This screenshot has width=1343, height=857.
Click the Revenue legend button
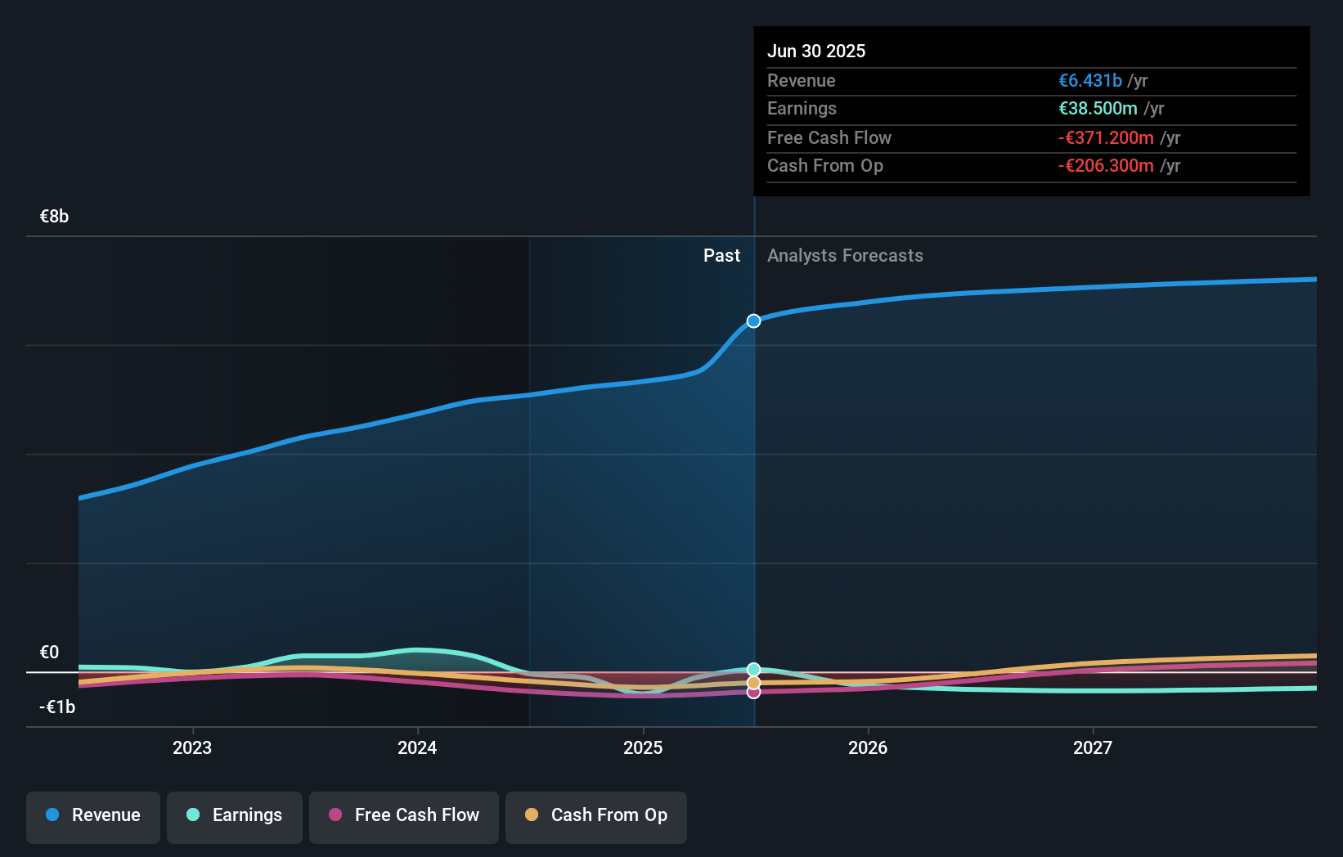pos(93,816)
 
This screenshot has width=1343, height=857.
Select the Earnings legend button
pos(235,816)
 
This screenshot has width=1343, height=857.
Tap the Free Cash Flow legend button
pos(404,816)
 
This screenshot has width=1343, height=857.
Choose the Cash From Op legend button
pos(596,816)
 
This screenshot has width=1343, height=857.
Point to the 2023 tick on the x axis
pos(192,747)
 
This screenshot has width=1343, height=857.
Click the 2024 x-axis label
pos(417,747)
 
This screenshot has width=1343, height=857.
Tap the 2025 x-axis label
pos(643,747)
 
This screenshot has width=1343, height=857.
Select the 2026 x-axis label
pos(868,747)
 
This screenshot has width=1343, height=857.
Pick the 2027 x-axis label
pos(1093,747)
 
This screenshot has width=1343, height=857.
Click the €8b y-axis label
pos(55,217)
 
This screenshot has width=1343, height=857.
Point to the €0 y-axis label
pos(50,653)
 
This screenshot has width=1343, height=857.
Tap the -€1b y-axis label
pos(57,707)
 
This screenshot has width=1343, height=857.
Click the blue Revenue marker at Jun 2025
pos(753,321)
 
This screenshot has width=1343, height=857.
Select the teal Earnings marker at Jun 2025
pos(753,670)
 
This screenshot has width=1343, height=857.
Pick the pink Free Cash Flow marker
pos(753,693)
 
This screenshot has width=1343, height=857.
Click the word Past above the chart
pos(721,256)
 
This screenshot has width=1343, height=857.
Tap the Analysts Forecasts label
pos(845,256)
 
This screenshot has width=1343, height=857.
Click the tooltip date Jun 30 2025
pos(816,51)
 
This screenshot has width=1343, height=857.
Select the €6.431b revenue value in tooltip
pos(1090,80)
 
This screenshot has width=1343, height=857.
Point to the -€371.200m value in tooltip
pos(1106,137)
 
